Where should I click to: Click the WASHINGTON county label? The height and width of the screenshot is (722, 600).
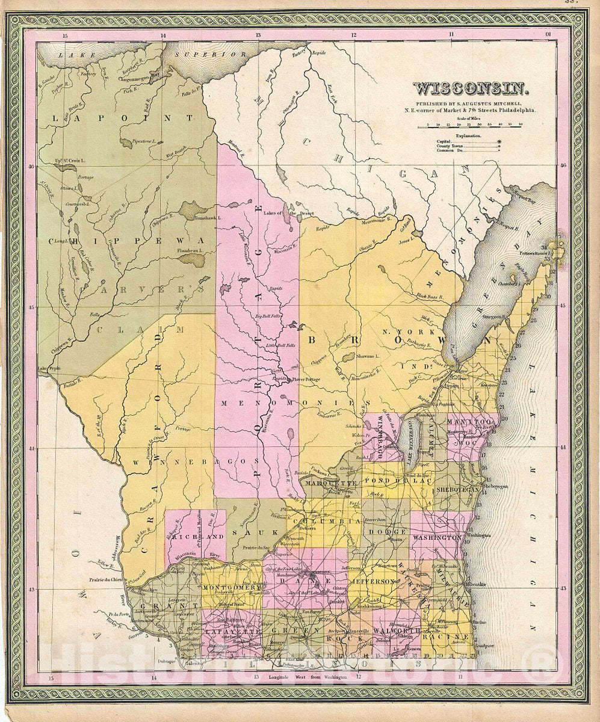[x=436, y=537]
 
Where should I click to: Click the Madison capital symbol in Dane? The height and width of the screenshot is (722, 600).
[x=309, y=575]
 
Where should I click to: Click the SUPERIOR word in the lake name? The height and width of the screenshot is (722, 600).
[x=211, y=55]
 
